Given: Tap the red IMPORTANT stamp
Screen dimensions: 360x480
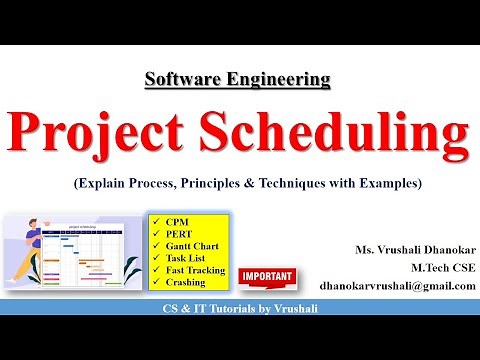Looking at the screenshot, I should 267,275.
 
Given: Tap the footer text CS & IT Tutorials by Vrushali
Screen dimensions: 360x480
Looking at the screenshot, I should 240,308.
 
